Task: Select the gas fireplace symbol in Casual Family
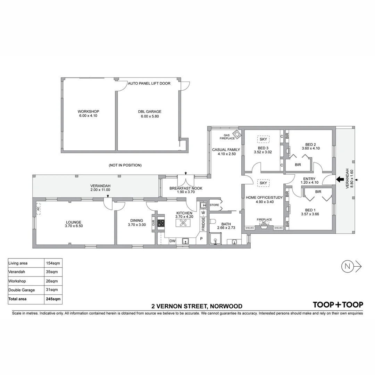click(237, 134)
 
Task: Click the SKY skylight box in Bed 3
click(263, 139)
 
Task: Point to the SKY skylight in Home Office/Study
click(263, 183)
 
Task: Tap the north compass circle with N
click(347, 266)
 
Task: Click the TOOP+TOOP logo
click(338, 305)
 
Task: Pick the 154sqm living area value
click(52, 263)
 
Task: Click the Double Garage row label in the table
click(22, 290)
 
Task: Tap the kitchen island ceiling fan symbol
click(184, 224)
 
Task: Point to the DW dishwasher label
click(172, 241)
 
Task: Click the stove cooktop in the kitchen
click(161, 223)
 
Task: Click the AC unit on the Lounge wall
click(38, 208)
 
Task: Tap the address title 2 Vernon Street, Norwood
click(197, 306)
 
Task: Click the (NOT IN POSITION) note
click(125, 165)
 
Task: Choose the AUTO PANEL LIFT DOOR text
click(149, 83)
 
